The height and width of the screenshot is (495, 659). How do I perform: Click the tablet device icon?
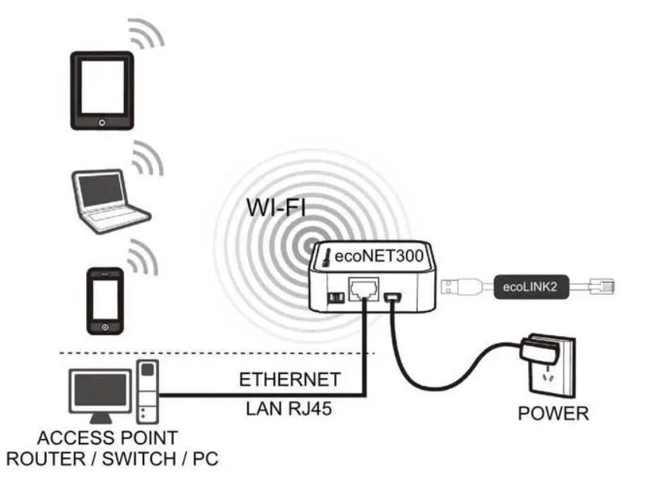coord(102,90)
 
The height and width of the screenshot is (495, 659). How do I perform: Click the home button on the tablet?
coord(102,122)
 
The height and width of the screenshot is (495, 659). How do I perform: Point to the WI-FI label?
coord(276,207)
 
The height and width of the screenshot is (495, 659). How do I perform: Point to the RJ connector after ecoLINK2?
coord(602,286)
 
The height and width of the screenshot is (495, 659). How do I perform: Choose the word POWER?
coord(553,414)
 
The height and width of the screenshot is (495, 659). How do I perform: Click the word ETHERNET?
coord(289,380)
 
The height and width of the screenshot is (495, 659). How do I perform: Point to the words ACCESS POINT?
coord(107,438)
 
